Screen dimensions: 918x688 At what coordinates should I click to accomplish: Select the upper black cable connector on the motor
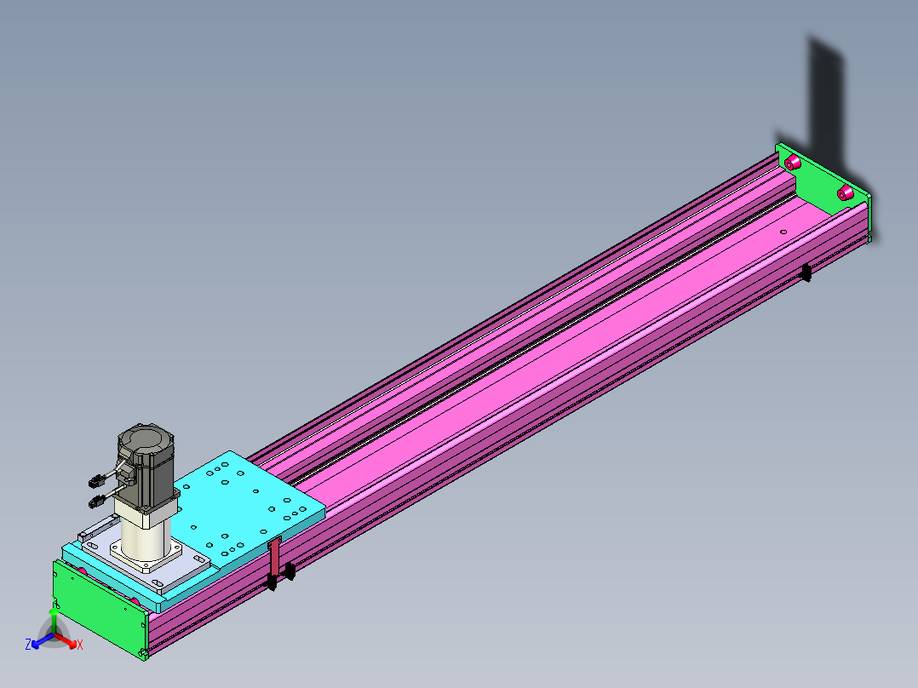(96, 481)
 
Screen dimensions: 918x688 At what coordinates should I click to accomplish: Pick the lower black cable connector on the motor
(97, 502)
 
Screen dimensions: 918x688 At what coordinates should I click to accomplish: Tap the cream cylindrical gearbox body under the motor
(145, 539)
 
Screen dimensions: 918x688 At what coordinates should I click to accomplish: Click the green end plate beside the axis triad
(100, 609)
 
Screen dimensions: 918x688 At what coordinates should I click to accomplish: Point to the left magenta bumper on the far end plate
(792, 162)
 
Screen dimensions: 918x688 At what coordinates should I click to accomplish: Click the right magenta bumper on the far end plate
(844, 192)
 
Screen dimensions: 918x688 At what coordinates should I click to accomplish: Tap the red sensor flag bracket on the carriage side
(274, 556)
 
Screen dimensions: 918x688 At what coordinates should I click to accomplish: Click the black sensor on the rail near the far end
(806, 272)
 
